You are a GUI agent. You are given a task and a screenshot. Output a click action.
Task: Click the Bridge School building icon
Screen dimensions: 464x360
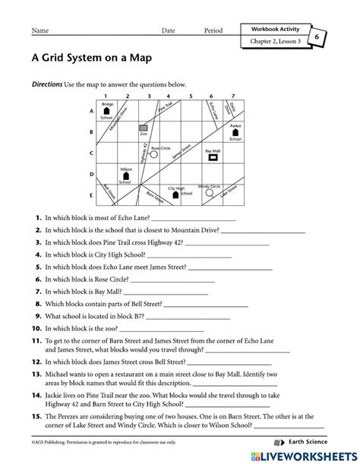106,111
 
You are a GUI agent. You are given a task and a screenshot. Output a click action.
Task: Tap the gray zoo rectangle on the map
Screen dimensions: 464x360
142,127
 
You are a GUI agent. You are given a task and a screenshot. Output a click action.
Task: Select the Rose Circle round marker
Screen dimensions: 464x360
153,153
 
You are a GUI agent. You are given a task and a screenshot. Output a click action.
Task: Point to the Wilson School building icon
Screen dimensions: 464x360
125,175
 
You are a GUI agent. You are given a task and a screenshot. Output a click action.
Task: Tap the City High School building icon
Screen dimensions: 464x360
176,194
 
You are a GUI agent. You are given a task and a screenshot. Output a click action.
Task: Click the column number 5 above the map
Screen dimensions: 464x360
190,96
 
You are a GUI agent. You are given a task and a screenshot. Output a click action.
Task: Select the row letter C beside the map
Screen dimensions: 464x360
91,153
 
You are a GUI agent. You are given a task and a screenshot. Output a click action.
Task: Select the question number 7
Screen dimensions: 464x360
37,291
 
